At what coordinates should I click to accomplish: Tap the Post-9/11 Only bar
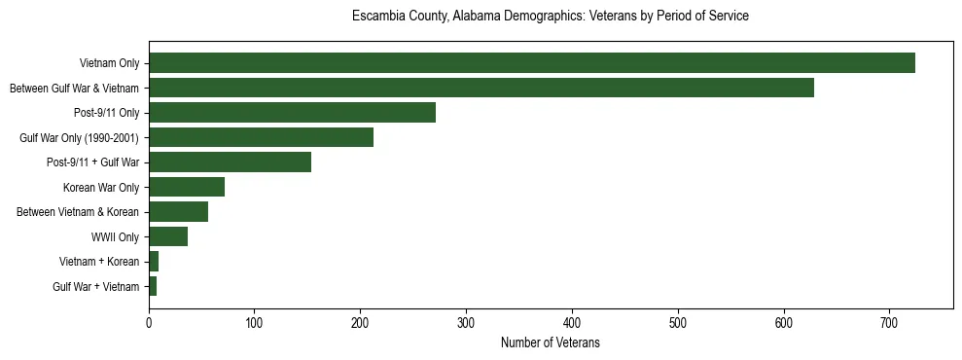pyautogui.click(x=292, y=113)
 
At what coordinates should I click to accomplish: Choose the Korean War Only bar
pyautogui.click(x=187, y=187)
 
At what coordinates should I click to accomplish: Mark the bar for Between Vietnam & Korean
pyautogui.click(x=178, y=212)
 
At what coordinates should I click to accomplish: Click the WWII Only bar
pyautogui.click(x=168, y=236)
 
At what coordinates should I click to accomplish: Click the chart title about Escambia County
pyautogui.click(x=551, y=17)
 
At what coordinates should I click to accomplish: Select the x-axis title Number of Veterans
pyautogui.click(x=551, y=343)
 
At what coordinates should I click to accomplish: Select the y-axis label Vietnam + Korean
pyautogui.click(x=99, y=262)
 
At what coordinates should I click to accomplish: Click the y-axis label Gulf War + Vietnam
pyautogui.click(x=96, y=286)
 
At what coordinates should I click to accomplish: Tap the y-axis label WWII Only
pyautogui.click(x=116, y=236)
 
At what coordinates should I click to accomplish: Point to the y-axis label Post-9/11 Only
pyautogui.click(x=107, y=113)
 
